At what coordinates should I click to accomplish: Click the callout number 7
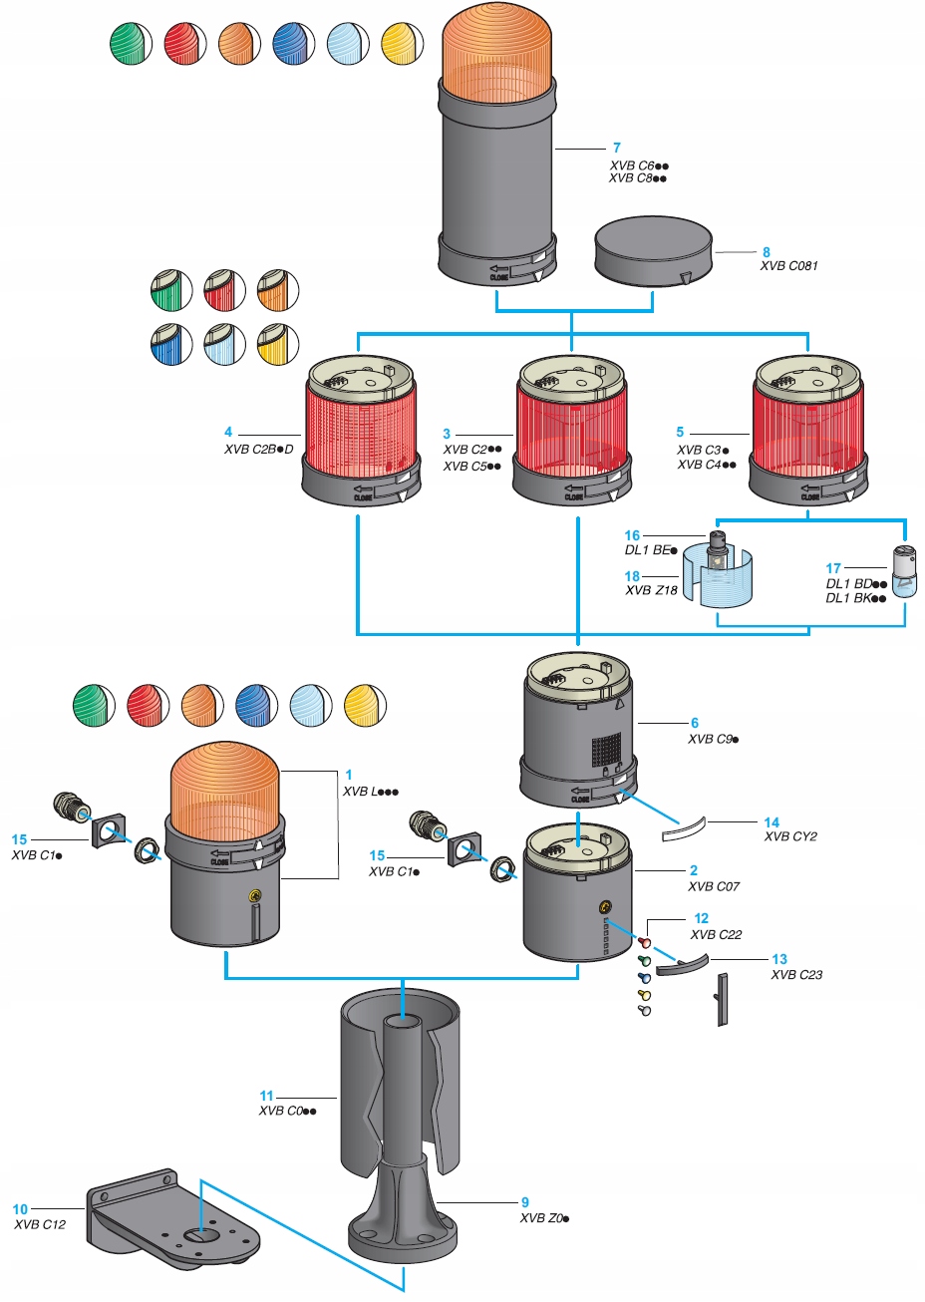click(617, 148)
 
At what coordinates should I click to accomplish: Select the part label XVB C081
click(788, 266)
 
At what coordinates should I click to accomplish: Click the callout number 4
click(228, 432)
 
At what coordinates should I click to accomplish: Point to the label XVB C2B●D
click(258, 450)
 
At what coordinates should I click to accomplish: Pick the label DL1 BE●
click(651, 550)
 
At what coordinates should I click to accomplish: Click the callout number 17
click(833, 569)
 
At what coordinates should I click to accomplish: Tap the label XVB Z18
click(651, 590)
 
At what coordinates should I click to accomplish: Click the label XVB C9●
click(713, 740)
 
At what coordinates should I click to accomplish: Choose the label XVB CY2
click(790, 836)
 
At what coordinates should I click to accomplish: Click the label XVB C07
click(714, 886)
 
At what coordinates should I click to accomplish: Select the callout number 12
click(702, 918)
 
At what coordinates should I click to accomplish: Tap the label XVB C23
click(796, 975)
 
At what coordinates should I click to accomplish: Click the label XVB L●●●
click(370, 792)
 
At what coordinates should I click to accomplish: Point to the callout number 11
click(266, 1096)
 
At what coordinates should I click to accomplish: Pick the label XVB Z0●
click(544, 1218)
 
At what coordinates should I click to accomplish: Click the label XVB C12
click(40, 1224)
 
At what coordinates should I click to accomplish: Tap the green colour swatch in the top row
click(130, 45)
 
